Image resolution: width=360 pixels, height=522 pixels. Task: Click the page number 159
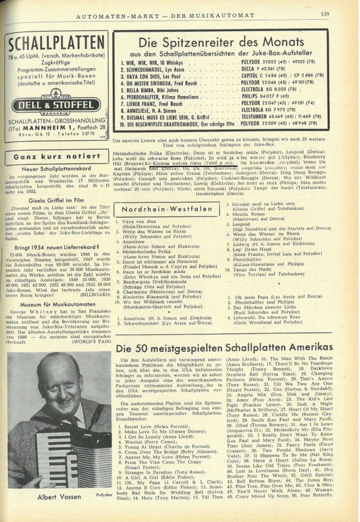tap(324, 15)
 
